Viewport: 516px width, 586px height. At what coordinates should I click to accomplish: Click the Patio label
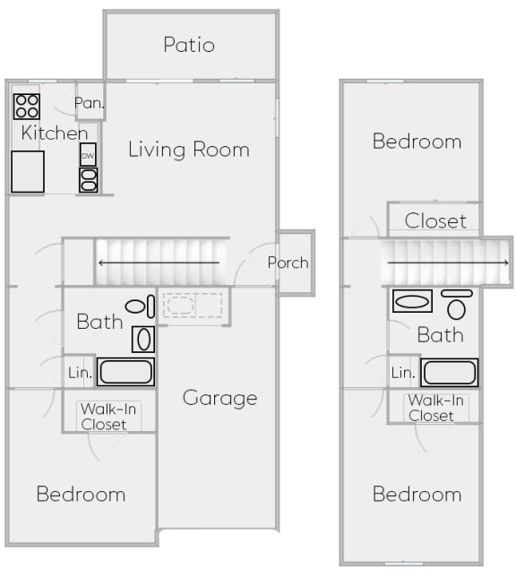click(x=189, y=45)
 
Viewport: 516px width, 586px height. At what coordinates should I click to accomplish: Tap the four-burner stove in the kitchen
click(x=27, y=107)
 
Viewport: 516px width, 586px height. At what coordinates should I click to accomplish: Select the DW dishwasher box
click(x=88, y=154)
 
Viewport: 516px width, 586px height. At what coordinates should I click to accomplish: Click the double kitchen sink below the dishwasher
click(x=89, y=180)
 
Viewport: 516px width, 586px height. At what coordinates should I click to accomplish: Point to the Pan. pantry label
click(x=89, y=103)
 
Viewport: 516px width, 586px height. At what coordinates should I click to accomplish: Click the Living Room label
click(x=189, y=150)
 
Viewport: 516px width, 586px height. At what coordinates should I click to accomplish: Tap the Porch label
click(x=288, y=263)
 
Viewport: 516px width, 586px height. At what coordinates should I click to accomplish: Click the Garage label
click(x=220, y=398)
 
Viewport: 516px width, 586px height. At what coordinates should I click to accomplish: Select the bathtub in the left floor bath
click(x=126, y=372)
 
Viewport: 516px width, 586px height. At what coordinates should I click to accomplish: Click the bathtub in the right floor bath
click(x=449, y=373)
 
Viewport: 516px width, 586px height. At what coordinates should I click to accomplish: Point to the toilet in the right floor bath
click(x=457, y=305)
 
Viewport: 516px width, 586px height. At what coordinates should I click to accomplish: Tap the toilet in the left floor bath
click(x=140, y=306)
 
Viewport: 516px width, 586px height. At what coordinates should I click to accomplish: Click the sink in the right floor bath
click(x=412, y=301)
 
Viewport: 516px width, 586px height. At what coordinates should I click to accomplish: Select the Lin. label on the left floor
click(x=80, y=373)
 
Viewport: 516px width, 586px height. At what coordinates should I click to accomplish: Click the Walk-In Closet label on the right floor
click(x=435, y=408)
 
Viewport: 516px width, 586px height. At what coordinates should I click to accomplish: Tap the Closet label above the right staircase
click(x=435, y=221)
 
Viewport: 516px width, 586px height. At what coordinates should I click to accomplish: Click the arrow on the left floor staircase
click(x=159, y=263)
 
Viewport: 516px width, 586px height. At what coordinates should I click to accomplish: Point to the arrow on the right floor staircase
click(x=448, y=263)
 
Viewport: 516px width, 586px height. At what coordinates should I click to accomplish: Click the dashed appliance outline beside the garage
click(x=193, y=306)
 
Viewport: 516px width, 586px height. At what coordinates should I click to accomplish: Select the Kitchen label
click(x=55, y=133)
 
